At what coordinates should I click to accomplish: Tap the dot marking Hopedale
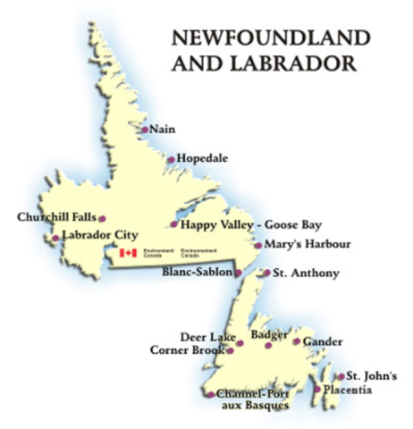coord(172,160)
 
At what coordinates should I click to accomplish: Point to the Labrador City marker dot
coord(56,238)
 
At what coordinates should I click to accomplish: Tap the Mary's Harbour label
coord(304,243)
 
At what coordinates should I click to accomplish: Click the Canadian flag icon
coord(128,254)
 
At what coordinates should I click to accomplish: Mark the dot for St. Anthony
coord(265,273)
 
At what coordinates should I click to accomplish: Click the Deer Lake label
coord(207,336)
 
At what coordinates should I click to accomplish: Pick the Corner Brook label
coord(189,350)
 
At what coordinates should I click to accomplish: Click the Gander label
coord(323,341)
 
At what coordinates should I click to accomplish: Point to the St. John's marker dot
coord(340,376)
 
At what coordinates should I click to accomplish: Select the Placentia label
coord(347,390)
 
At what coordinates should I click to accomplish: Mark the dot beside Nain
coord(145,130)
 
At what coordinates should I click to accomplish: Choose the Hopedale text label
coord(203,158)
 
